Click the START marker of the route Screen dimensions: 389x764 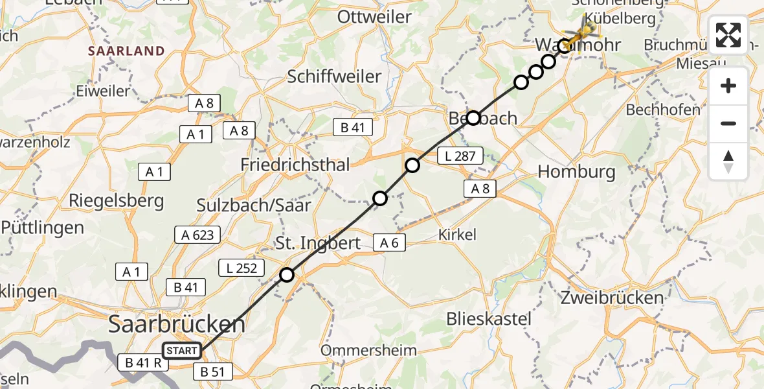pyautogui.click(x=182, y=351)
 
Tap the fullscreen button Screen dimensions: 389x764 pyautogui.click(x=728, y=35)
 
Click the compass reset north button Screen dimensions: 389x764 pyautogui.click(x=728, y=161)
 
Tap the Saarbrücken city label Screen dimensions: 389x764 pyautogui.click(x=177, y=324)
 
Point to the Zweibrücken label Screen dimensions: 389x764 pyautogui.click(x=613, y=298)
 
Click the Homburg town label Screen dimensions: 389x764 pyautogui.click(x=576, y=172)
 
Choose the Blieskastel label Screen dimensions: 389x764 pyautogui.click(x=489, y=318)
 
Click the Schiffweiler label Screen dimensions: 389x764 pyautogui.click(x=334, y=77)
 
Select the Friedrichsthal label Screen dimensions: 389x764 pyautogui.click(x=295, y=165)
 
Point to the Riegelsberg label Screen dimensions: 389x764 pyautogui.click(x=117, y=200)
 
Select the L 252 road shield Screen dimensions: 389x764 pyautogui.click(x=242, y=267)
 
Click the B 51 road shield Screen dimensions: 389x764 pyautogui.click(x=213, y=372)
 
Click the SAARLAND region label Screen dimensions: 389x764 pyautogui.click(x=127, y=51)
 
